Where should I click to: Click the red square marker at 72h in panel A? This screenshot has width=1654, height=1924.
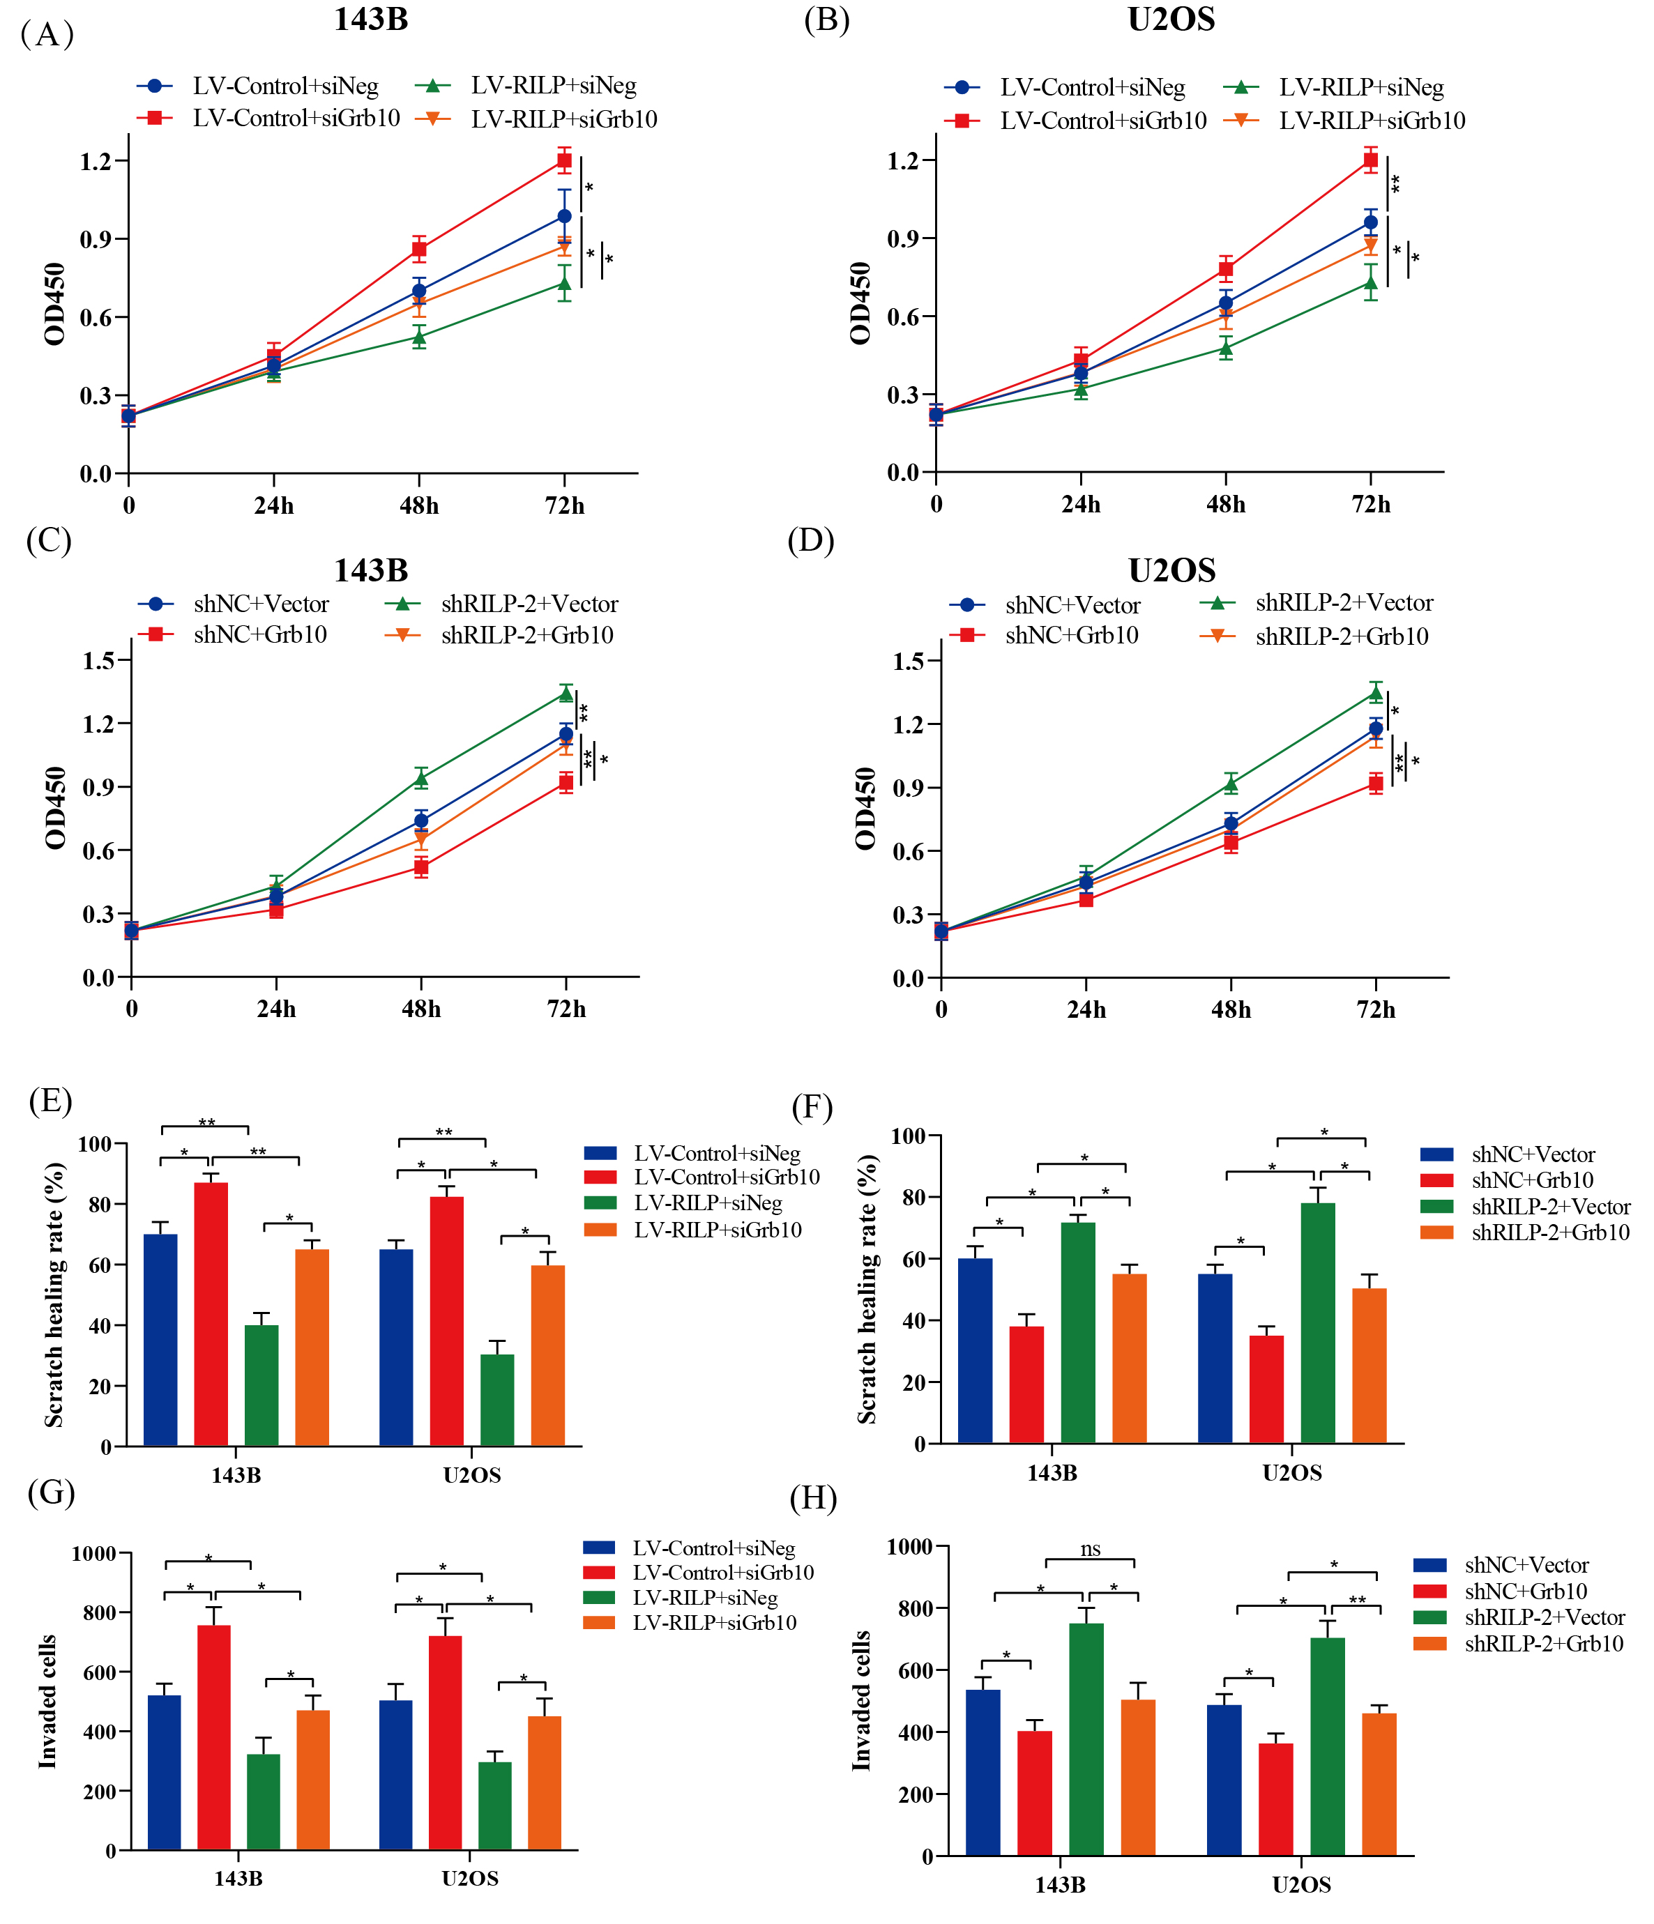[563, 160]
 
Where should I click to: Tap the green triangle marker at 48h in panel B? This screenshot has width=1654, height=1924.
[1226, 347]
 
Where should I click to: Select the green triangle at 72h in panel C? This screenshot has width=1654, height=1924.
[566, 693]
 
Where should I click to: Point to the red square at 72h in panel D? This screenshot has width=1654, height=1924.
[1375, 784]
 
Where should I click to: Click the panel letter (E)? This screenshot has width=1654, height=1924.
[50, 1101]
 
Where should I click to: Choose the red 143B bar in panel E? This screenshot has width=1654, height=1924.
[211, 1314]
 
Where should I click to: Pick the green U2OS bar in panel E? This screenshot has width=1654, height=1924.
[497, 1400]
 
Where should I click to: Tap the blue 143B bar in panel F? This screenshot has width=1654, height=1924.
[975, 1351]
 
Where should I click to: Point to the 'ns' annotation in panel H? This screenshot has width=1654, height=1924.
[1091, 1549]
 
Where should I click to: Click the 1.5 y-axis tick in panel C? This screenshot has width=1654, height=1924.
[100, 660]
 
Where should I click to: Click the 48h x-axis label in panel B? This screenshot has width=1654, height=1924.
[1226, 504]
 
